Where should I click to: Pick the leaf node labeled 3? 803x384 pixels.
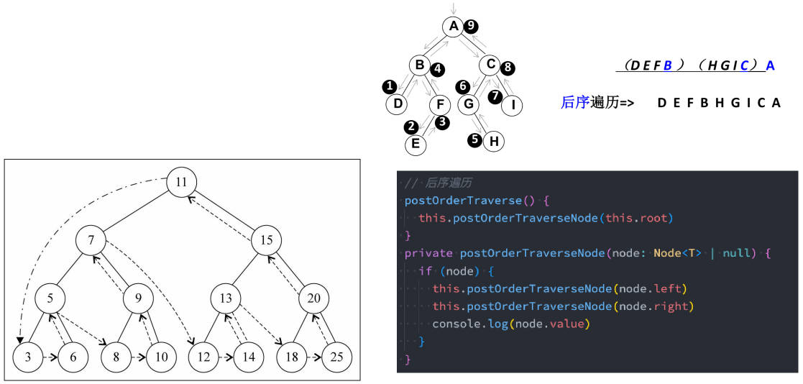pos(28,357)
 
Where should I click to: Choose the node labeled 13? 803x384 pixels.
pos(226,298)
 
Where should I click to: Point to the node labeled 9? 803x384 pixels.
pos(138,298)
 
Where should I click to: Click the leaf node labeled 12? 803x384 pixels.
pos(204,357)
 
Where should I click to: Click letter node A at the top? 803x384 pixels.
pos(453,27)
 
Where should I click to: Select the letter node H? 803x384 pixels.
pos(494,141)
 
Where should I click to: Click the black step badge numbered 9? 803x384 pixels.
pos(471,27)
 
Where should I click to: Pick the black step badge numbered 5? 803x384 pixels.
pos(475,140)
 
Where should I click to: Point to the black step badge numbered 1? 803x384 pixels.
pos(390,86)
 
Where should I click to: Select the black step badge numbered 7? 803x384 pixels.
pos(495,96)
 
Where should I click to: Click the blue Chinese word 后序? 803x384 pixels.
pos(576,102)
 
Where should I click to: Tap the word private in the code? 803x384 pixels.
pos(428,253)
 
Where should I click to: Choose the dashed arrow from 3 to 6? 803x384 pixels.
pos(51,357)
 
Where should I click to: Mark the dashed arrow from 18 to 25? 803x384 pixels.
pos(314,357)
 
